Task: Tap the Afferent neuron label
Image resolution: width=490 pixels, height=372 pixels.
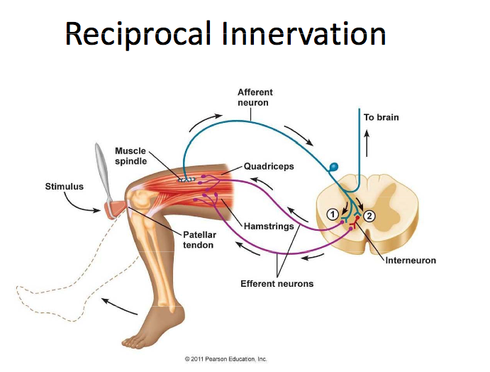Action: pos(255,97)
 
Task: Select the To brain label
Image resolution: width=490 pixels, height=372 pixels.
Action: pos(382,117)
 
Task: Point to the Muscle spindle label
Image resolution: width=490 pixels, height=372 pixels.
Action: pos(130,155)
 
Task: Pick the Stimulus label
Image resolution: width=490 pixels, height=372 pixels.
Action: pos(64,187)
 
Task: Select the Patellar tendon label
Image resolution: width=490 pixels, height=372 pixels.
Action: pos(199,239)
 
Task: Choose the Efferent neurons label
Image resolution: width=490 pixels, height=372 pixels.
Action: pos(277,284)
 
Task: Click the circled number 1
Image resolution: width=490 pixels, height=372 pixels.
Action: pos(331,214)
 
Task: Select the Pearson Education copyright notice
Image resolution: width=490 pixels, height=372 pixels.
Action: pos(225,359)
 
